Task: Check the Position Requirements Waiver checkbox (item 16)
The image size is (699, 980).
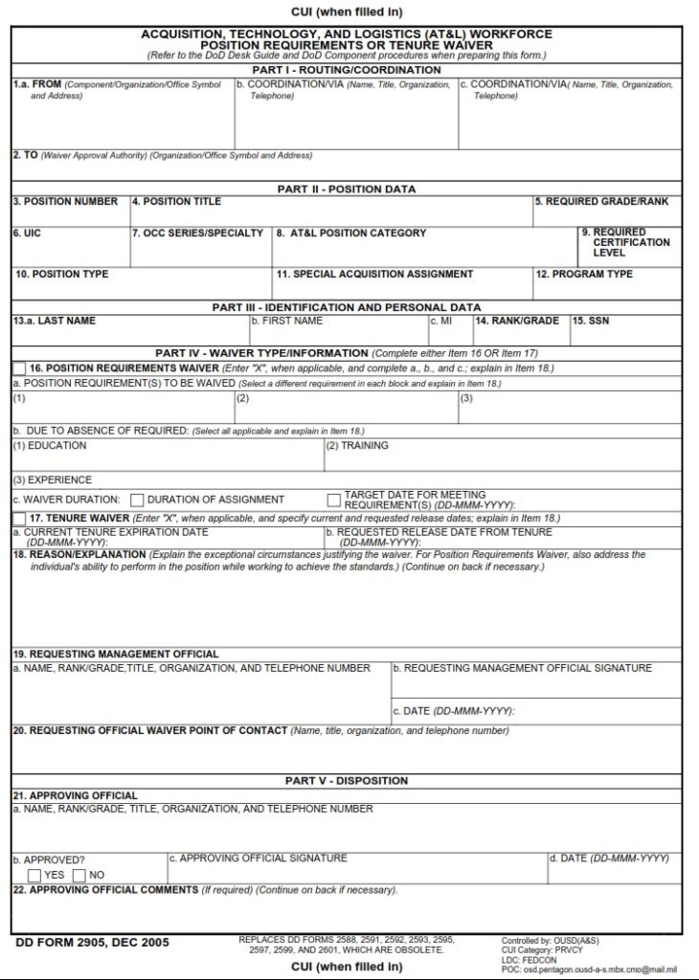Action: click(x=19, y=368)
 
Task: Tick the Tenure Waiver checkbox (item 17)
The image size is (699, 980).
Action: click(x=19, y=518)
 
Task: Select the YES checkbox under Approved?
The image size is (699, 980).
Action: click(x=34, y=875)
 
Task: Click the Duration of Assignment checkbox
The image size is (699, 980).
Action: click(x=137, y=500)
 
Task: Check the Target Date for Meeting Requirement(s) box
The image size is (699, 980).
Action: click(x=333, y=500)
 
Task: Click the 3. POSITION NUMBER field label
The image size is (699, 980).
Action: click(x=66, y=202)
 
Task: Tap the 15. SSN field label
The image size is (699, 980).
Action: click(x=591, y=321)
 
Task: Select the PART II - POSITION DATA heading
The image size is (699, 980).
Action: click(x=347, y=189)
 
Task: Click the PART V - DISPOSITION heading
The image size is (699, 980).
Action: click(x=347, y=781)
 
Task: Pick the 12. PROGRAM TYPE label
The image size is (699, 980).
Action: click(x=584, y=275)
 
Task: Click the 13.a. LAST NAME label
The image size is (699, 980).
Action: click(x=55, y=321)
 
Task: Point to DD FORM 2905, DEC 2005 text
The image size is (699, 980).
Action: click(x=93, y=944)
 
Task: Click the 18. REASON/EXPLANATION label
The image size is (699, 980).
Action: click(x=79, y=554)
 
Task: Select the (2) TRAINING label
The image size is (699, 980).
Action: click(x=357, y=445)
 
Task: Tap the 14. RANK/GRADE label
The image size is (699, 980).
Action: click(x=517, y=321)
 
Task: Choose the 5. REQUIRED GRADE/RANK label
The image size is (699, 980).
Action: click(x=601, y=202)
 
